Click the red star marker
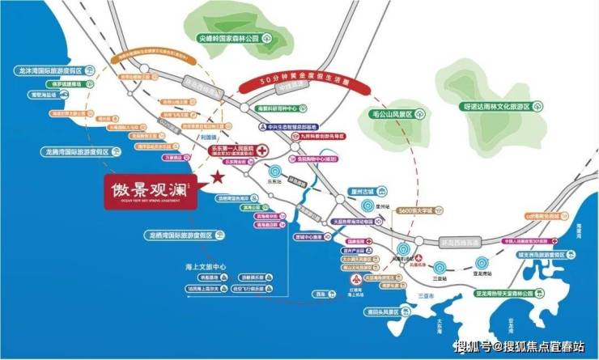coord(216,179)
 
